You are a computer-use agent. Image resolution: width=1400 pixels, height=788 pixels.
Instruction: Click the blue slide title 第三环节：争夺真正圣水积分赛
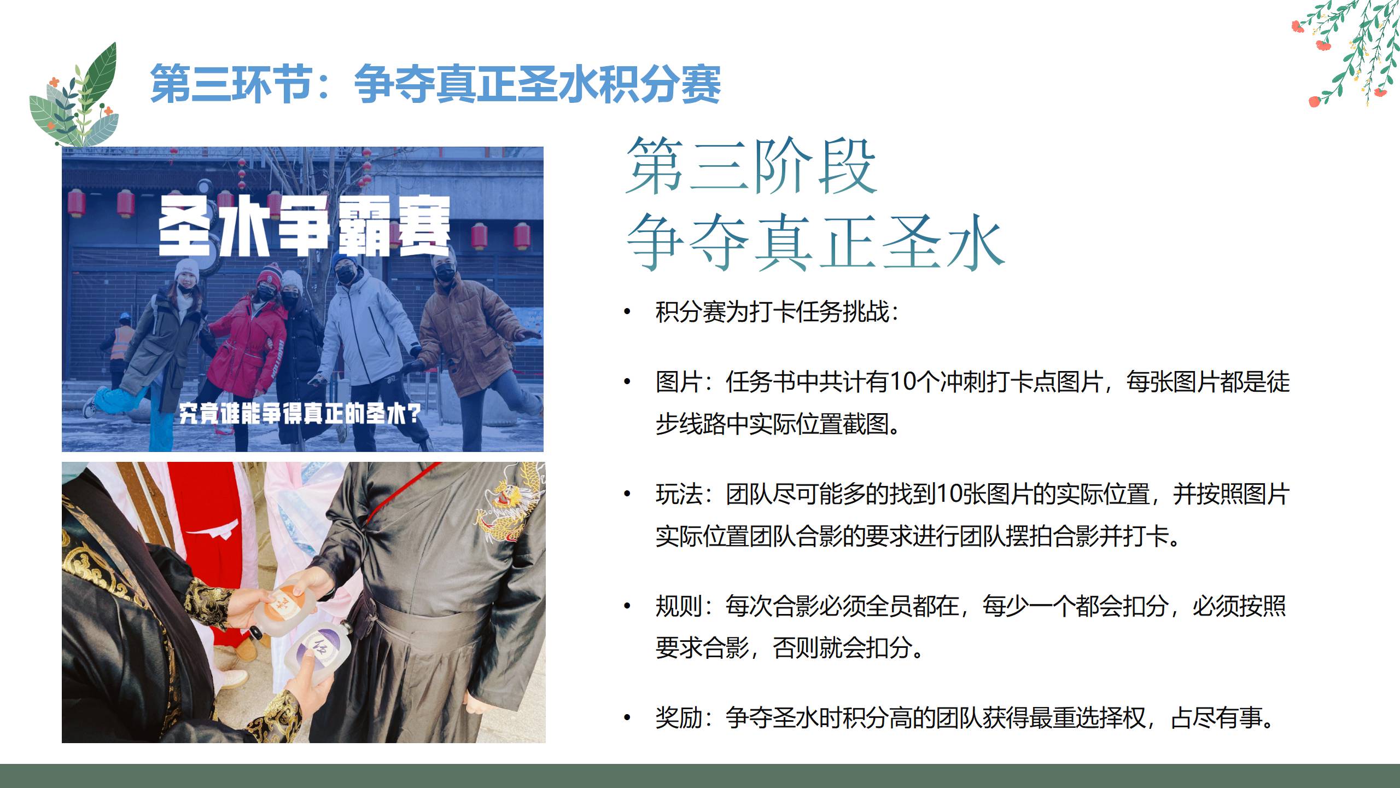[x=435, y=84]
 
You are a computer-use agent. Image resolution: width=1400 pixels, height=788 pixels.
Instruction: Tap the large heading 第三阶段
[x=751, y=166]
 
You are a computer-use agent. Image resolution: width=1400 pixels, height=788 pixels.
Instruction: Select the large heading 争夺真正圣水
[x=815, y=242]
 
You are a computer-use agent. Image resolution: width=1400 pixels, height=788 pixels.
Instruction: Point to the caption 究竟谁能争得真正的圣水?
[x=300, y=414]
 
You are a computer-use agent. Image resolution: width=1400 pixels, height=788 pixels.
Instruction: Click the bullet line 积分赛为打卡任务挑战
[x=777, y=312]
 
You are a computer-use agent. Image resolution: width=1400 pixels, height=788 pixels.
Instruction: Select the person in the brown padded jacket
[x=474, y=350]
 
